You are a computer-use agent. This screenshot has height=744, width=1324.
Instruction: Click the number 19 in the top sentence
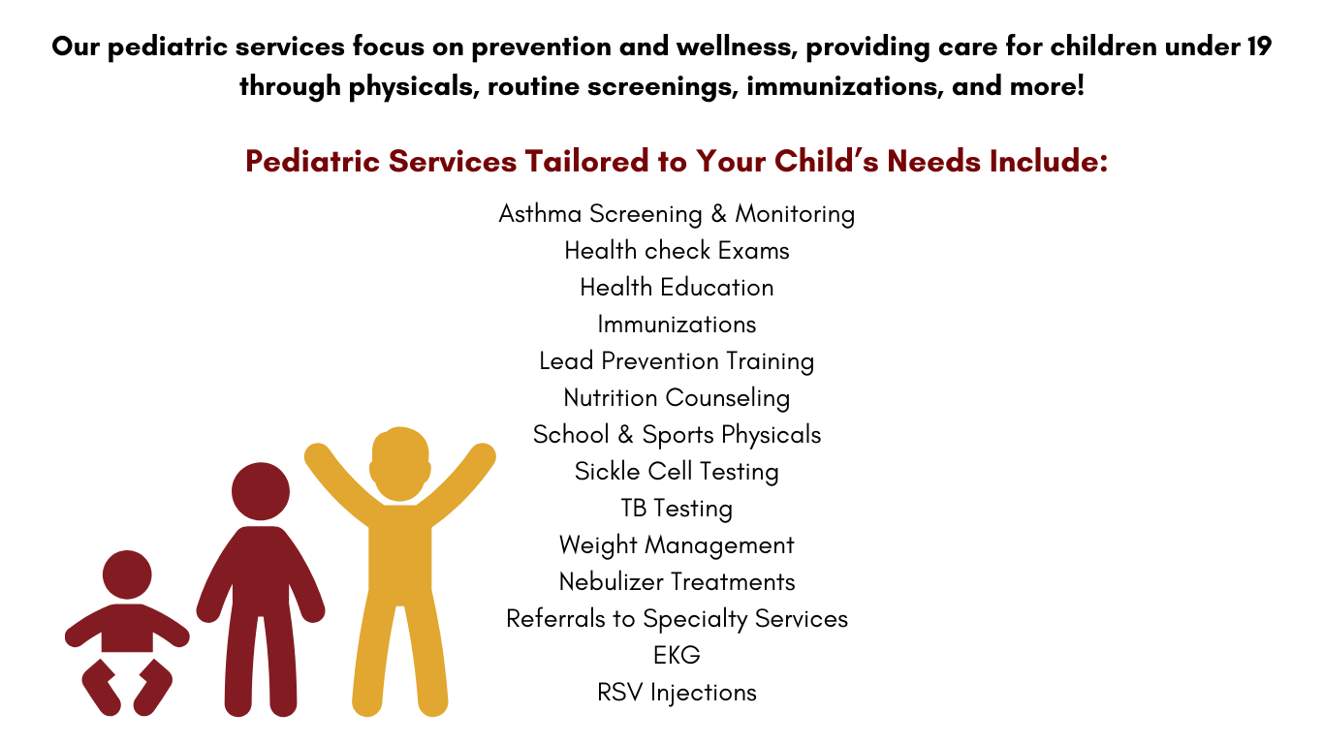tap(1260, 46)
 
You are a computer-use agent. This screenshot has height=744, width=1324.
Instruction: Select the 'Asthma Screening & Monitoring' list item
tap(677, 214)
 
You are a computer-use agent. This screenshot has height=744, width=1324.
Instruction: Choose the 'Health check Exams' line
tap(677, 251)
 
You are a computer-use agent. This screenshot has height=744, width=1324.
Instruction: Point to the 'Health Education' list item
tap(677, 287)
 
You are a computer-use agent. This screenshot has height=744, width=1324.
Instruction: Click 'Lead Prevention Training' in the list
tap(677, 361)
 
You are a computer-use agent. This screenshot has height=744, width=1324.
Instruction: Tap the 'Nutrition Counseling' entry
tap(677, 398)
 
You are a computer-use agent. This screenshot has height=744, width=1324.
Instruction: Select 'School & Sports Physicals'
tap(677, 435)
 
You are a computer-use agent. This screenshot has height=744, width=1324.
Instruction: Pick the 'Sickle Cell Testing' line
tap(677, 472)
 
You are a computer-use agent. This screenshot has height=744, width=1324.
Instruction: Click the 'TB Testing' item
tap(677, 509)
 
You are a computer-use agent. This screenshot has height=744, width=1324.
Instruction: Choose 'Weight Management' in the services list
tap(677, 544)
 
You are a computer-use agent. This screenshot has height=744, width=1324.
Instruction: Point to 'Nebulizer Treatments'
tap(677, 582)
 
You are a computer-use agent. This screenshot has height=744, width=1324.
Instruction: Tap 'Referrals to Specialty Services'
tap(677, 619)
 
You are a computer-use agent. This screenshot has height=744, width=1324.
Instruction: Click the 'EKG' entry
tap(677, 655)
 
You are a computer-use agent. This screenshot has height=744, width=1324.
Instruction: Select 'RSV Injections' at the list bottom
tap(677, 693)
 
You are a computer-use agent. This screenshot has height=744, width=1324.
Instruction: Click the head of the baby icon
tap(127, 575)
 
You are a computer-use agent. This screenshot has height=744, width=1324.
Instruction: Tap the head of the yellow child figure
tap(400, 464)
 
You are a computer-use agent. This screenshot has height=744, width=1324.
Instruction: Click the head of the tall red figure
tap(261, 492)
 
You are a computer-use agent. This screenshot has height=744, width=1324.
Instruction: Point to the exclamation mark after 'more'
tap(1081, 85)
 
